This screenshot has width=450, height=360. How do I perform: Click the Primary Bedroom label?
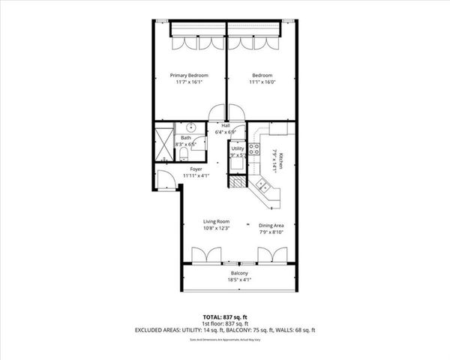click(189, 76)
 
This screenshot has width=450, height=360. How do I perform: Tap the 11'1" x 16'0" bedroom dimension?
click(262, 83)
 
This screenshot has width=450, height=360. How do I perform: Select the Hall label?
click(225, 126)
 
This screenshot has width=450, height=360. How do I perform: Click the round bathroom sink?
click(192, 127)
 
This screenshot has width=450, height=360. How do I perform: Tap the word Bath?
click(185, 138)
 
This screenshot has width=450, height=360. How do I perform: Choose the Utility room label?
click(237, 148)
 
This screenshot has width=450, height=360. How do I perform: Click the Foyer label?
click(196, 169)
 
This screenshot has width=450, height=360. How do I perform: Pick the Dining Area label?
click(271, 224)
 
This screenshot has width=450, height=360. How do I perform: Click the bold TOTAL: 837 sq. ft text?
click(225, 317)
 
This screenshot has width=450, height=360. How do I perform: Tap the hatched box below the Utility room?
click(238, 183)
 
